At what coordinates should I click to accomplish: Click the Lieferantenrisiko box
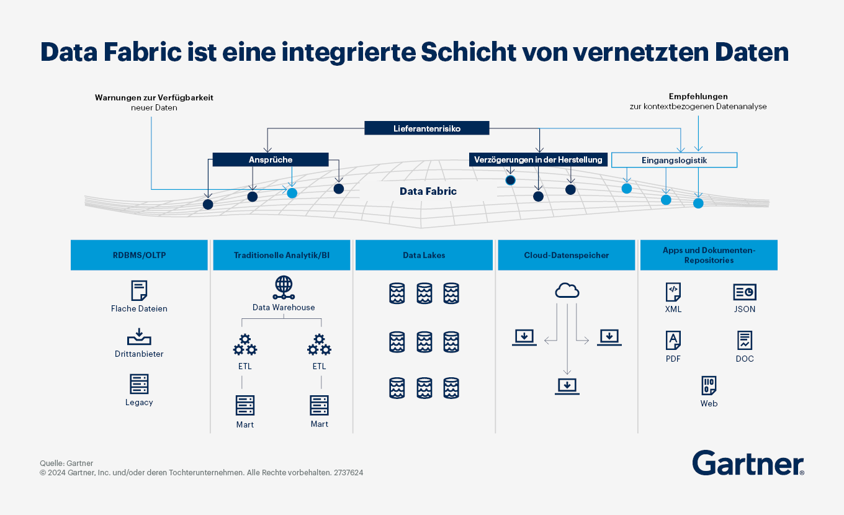(426, 128)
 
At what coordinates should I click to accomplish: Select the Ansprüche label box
(270, 159)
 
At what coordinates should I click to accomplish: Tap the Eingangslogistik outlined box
(674, 160)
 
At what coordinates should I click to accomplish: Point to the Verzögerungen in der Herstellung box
(538, 159)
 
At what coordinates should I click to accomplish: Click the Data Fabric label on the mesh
(428, 191)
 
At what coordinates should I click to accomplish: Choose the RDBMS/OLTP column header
(139, 255)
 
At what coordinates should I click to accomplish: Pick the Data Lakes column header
(424, 255)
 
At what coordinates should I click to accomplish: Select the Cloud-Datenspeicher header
(566, 255)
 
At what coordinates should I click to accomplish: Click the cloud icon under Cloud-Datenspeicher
(567, 290)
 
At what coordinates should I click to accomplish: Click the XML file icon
(673, 292)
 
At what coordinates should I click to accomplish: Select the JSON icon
(745, 292)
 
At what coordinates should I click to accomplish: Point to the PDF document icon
(673, 340)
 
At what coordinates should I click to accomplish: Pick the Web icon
(709, 385)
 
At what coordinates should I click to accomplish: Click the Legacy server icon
(139, 384)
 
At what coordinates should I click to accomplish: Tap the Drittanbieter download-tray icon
(139, 337)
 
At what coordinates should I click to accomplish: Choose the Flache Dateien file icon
(139, 290)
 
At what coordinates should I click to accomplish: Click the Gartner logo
(748, 464)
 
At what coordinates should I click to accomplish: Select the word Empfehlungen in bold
(698, 96)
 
